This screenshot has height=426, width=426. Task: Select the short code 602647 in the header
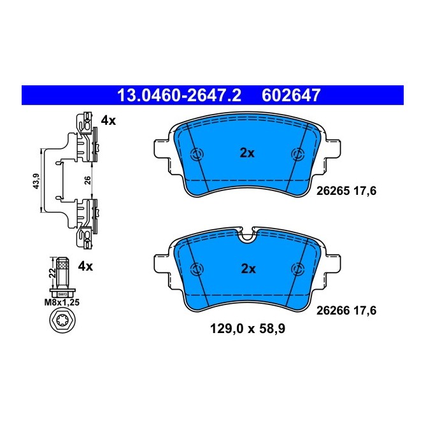pos(291,96)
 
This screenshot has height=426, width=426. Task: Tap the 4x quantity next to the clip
pos(108,120)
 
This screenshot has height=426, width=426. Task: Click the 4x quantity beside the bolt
pos(85,266)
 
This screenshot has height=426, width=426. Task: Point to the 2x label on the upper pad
pos(247,153)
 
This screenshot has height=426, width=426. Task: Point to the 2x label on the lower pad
pos(248,269)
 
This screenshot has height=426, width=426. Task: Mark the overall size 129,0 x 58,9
pos(248,329)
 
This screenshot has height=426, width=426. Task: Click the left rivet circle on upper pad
pos(197,154)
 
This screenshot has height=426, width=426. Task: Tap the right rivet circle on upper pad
pos(297,154)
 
